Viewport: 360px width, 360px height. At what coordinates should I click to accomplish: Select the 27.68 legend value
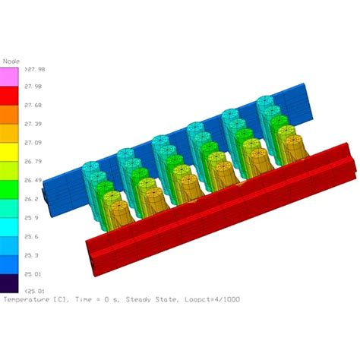34,105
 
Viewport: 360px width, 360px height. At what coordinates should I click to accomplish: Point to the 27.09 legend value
34,142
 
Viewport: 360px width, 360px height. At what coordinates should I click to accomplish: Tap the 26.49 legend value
34,180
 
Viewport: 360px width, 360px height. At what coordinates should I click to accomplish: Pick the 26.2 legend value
33,199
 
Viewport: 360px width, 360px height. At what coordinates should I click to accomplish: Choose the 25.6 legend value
33,236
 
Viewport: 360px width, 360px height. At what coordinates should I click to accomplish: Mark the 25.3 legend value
33,255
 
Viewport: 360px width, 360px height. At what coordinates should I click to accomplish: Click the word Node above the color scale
11,60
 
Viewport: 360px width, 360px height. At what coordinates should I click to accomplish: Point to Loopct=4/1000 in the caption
213,299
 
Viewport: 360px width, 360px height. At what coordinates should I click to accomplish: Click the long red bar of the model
220,220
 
